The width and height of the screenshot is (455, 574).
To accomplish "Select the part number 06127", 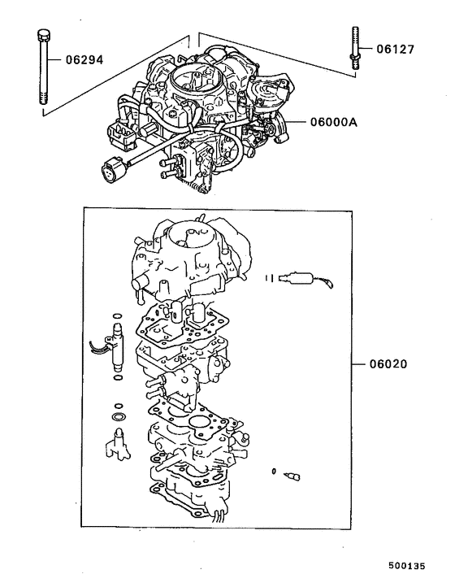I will tap(395, 49).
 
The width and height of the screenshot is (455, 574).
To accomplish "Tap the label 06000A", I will tap(334, 122).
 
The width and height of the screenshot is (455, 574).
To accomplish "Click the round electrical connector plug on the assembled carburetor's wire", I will tap(108, 172).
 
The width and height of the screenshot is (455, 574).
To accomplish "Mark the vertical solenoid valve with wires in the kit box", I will tap(115, 346).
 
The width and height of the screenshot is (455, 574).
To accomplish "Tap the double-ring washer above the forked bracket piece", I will tap(119, 418).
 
